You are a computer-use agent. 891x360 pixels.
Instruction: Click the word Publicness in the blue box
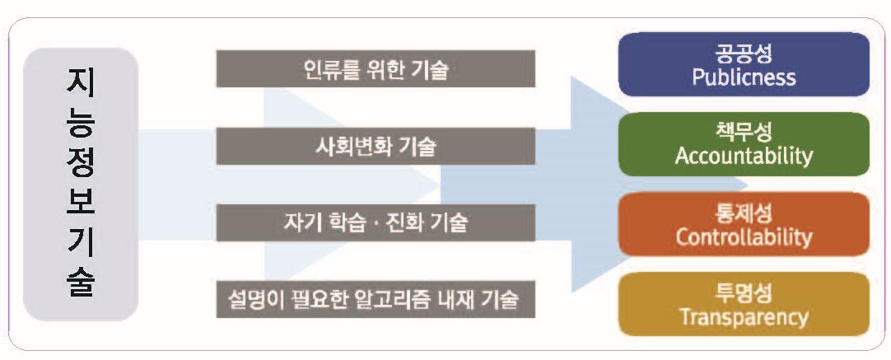tap(744, 77)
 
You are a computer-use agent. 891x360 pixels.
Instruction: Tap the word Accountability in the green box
tap(744, 156)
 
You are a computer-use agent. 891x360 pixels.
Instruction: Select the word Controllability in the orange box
tap(744, 237)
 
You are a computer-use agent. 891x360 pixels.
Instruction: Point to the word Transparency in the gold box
tap(744, 317)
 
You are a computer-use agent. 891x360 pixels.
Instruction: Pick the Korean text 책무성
tap(744, 133)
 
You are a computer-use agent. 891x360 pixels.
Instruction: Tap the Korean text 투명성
tap(744, 295)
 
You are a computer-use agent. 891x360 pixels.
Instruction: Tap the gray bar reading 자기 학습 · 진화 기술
tap(376, 222)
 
